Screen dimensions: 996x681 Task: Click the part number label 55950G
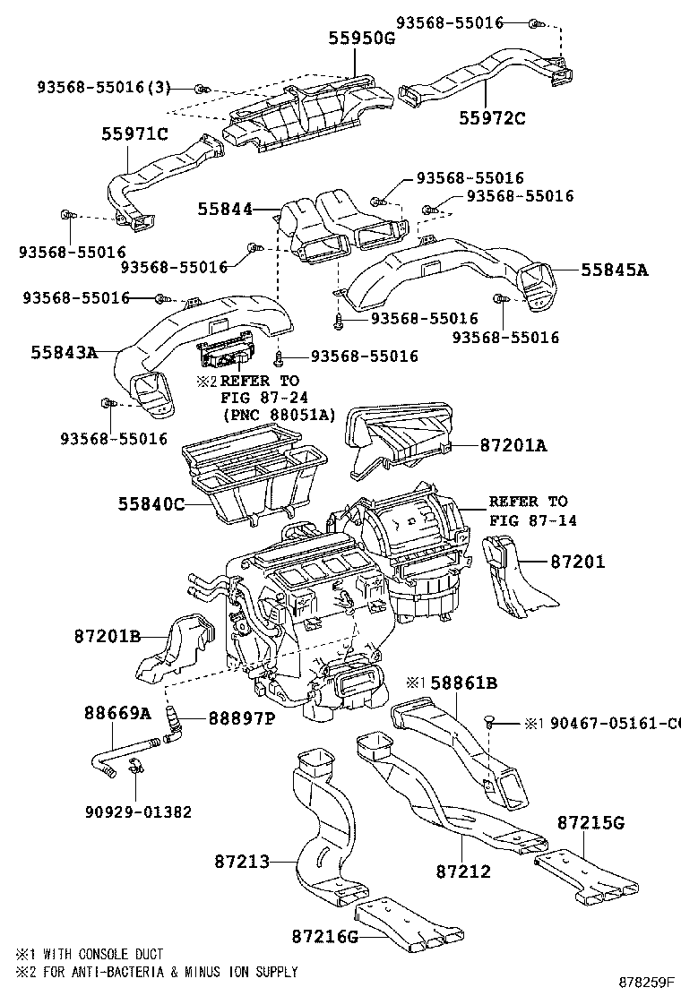[360, 39]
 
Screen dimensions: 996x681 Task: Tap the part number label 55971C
[134, 134]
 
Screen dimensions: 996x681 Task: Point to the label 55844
[224, 209]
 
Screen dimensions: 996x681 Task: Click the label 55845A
[613, 269]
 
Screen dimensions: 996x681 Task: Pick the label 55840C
[151, 504]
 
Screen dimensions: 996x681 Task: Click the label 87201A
[512, 444]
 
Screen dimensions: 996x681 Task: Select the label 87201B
[108, 636]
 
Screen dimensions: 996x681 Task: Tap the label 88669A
[117, 713]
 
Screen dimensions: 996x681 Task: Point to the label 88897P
[241, 717]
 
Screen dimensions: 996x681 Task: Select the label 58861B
[463, 683]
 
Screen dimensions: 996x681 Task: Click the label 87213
[241, 862]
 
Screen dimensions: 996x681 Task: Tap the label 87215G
[590, 821]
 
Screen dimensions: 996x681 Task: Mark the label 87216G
[324, 936]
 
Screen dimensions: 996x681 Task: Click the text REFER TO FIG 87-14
[528, 511]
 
